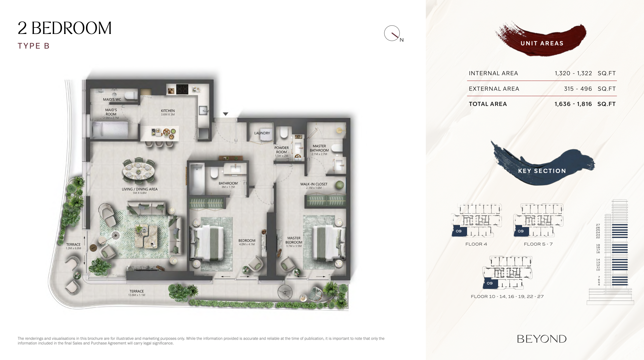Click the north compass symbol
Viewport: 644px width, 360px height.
click(392, 33)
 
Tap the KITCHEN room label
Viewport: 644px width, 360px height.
click(168, 111)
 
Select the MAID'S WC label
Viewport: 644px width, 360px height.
click(112, 100)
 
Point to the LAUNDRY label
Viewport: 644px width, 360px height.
click(262, 133)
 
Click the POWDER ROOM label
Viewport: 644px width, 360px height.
click(282, 150)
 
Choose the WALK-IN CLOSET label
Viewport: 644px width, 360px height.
click(314, 184)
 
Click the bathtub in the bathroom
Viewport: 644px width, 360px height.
click(197, 179)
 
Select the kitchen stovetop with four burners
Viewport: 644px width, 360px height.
click(182, 89)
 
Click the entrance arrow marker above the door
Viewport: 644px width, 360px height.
click(225, 114)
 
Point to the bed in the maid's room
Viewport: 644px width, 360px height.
click(110, 130)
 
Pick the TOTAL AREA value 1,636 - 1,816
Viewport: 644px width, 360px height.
click(573, 104)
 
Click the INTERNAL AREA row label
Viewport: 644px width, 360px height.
click(493, 73)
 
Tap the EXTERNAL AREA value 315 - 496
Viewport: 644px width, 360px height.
click(578, 89)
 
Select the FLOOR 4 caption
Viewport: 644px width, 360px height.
click(476, 244)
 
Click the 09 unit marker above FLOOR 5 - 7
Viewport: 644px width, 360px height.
click(521, 231)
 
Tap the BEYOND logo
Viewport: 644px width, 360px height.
click(542, 339)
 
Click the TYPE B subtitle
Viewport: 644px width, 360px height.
click(34, 46)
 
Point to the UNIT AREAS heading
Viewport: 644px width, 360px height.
click(542, 43)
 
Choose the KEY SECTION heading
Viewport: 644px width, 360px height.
click(542, 171)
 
